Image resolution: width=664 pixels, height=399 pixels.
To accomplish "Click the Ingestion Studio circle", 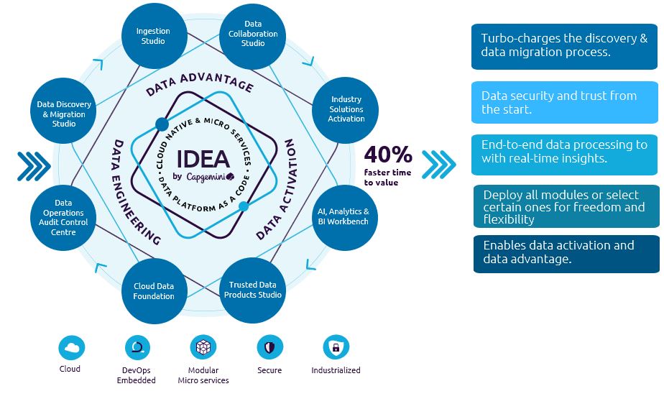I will tap(153, 36).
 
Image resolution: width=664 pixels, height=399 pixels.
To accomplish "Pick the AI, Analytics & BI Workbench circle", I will tap(343, 216).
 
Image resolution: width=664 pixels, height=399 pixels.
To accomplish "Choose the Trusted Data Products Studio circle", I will tap(252, 290).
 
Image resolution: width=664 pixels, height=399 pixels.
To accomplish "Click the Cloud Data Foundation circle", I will tap(154, 290).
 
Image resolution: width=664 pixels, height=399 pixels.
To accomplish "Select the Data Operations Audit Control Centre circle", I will tap(63, 217).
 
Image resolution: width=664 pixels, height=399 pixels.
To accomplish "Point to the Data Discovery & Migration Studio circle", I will tap(63, 114).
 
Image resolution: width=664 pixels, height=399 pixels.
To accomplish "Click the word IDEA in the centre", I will tap(203, 159).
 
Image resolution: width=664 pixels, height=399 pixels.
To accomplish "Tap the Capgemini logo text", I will tap(208, 176).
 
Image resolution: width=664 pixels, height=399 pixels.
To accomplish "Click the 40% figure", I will tap(387, 155).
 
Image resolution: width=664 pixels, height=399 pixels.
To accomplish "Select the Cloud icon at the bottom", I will tap(70, 349).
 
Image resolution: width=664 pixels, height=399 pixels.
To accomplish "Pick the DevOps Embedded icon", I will tap(137, 349).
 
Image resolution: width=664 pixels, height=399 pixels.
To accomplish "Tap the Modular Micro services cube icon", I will tap(203, 349).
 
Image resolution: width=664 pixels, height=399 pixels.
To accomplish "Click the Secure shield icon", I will tap(269, 349).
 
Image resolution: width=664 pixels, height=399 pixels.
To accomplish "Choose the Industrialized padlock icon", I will tap(336, 349).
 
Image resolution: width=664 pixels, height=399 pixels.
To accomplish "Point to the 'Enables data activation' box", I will tap(566, 253).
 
